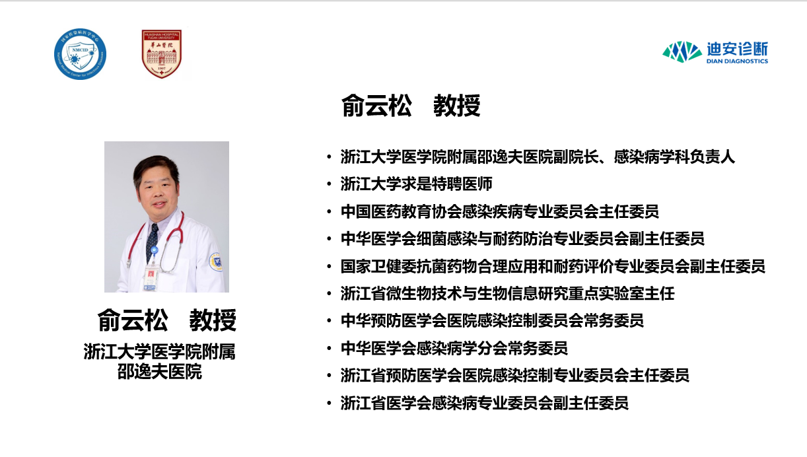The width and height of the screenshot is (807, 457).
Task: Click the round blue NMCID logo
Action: click(80, 54)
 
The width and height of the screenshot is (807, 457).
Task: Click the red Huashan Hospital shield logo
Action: click(162, 54)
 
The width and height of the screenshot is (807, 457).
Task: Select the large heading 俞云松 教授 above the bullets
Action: click(411, 106)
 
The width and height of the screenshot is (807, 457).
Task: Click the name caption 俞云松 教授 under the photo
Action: click(166, 320)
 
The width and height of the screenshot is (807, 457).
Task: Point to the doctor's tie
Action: click(153, 238)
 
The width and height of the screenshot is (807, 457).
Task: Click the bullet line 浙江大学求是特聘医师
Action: click(416, 184)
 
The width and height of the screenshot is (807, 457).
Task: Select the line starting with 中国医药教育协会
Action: click(499, 211)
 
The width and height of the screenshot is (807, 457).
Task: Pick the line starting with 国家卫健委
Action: click(553, 266)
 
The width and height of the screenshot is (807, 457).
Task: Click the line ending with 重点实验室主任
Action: click(507, 293)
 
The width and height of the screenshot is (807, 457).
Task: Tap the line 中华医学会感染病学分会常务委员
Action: click(454, 348)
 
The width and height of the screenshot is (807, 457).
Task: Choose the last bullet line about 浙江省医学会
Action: click(484, 403)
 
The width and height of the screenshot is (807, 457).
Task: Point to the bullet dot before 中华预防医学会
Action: click(329, 321)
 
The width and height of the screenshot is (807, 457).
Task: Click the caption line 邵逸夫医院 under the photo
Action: click(159, 372)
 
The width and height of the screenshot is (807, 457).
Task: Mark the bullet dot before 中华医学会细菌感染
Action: click(329, 238)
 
